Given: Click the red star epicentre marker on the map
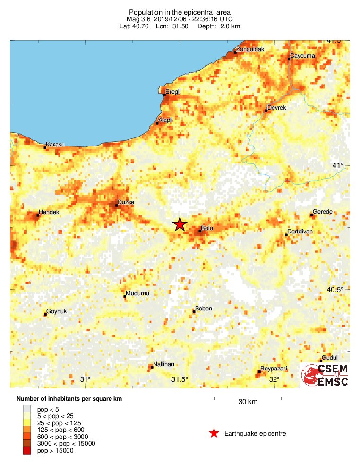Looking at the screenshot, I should click(x=180, y=224).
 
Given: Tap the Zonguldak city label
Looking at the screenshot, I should click(x=250, y=49).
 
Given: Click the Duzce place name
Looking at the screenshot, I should click(x=126, y=202).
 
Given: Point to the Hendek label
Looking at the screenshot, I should click(x=49, y=212).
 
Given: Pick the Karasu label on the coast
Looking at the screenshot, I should click(x=55, y=145).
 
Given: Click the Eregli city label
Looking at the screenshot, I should click(x=173, y=92).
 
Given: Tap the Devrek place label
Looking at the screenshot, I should click(x=277, y=108).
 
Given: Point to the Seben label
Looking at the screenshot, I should click(x=204, y=309).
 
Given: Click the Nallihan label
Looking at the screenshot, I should click(x=163, y=364).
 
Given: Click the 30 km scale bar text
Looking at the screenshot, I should click(x=248, y=402).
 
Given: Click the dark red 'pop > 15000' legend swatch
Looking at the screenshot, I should click(x=27, y=451).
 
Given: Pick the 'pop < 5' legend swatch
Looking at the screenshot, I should click(x=27, y=408).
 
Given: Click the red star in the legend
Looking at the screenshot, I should click(x=214, y=433).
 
